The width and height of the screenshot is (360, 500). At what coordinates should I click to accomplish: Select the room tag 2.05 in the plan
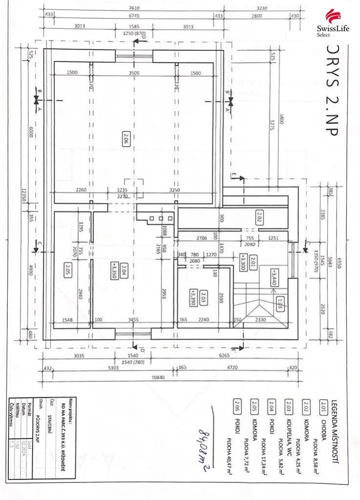67,268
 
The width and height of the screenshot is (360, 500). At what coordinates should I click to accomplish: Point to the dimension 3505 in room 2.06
134,73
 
